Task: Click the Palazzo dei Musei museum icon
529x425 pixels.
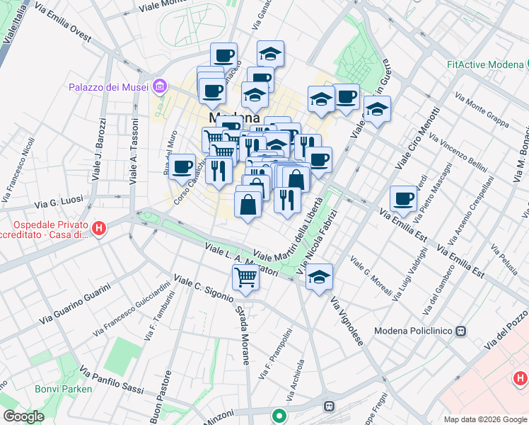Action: (160, 87)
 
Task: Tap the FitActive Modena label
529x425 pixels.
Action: (484, 64)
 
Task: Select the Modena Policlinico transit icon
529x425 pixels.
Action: (461, 331)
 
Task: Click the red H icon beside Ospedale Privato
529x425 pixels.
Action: (100, 228)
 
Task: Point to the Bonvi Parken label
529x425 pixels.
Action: (64, 389)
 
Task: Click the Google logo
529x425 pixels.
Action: (23, 416)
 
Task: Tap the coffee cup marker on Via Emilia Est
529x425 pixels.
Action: (403, 198)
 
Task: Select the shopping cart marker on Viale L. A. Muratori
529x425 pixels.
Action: (245, 276)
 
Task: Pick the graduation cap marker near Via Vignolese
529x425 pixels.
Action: (319, 276)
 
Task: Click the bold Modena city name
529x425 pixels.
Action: (234, 118)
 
